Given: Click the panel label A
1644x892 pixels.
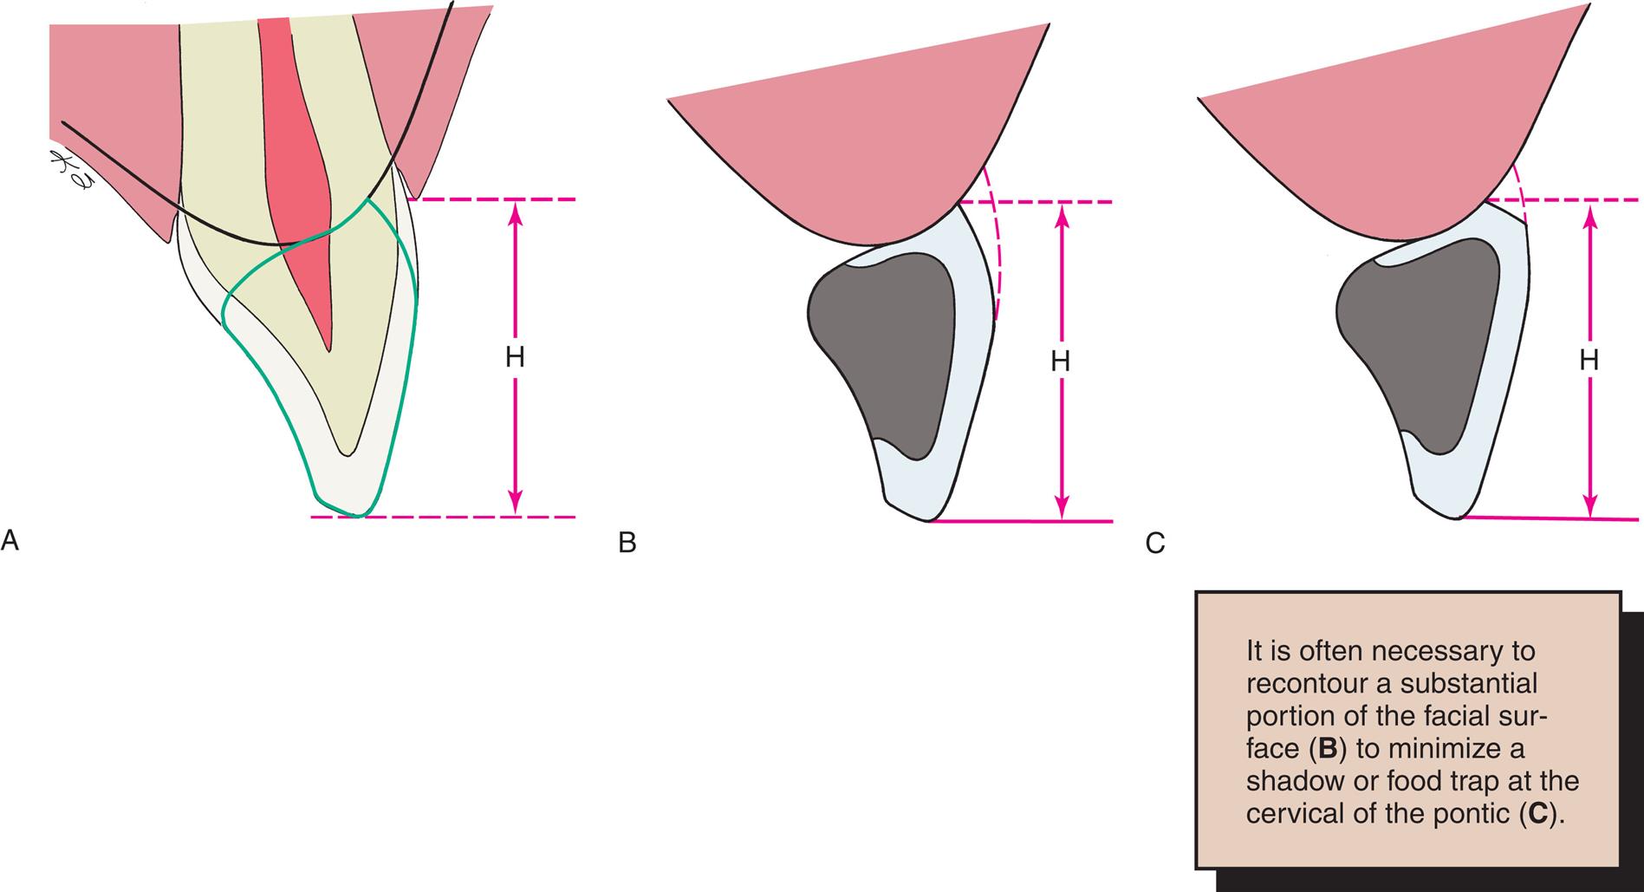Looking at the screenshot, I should [x=10, y=542].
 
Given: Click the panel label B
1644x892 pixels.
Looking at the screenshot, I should [x=627, y=544].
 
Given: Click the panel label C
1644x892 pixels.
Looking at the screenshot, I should [x=1154, y=544].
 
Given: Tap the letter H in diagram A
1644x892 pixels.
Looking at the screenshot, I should [x=515, y=358].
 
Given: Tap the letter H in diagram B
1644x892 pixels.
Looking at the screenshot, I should [x=1061, y=361].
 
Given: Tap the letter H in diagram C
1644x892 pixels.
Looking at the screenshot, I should [x=1589, y=361].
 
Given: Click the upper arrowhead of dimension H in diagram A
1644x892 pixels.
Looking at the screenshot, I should [x=516, y=213].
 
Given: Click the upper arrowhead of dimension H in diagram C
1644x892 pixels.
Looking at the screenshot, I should [x=1589, y=217].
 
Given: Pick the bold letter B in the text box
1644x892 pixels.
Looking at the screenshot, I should [x=1329, y=749].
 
